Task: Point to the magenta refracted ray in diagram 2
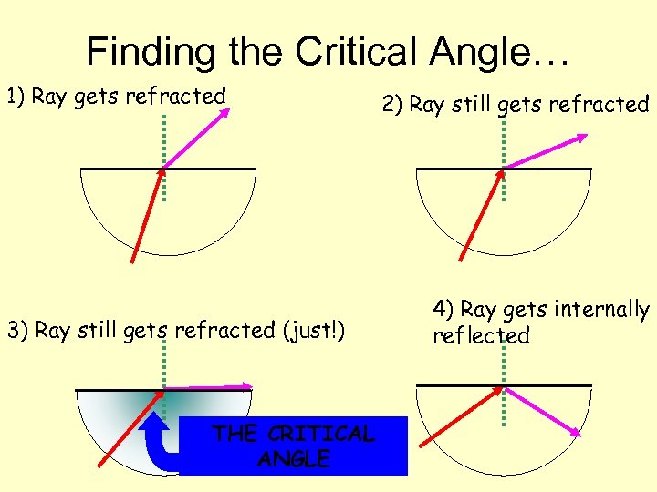pos(546,151)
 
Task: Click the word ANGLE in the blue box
pos(294,458)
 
